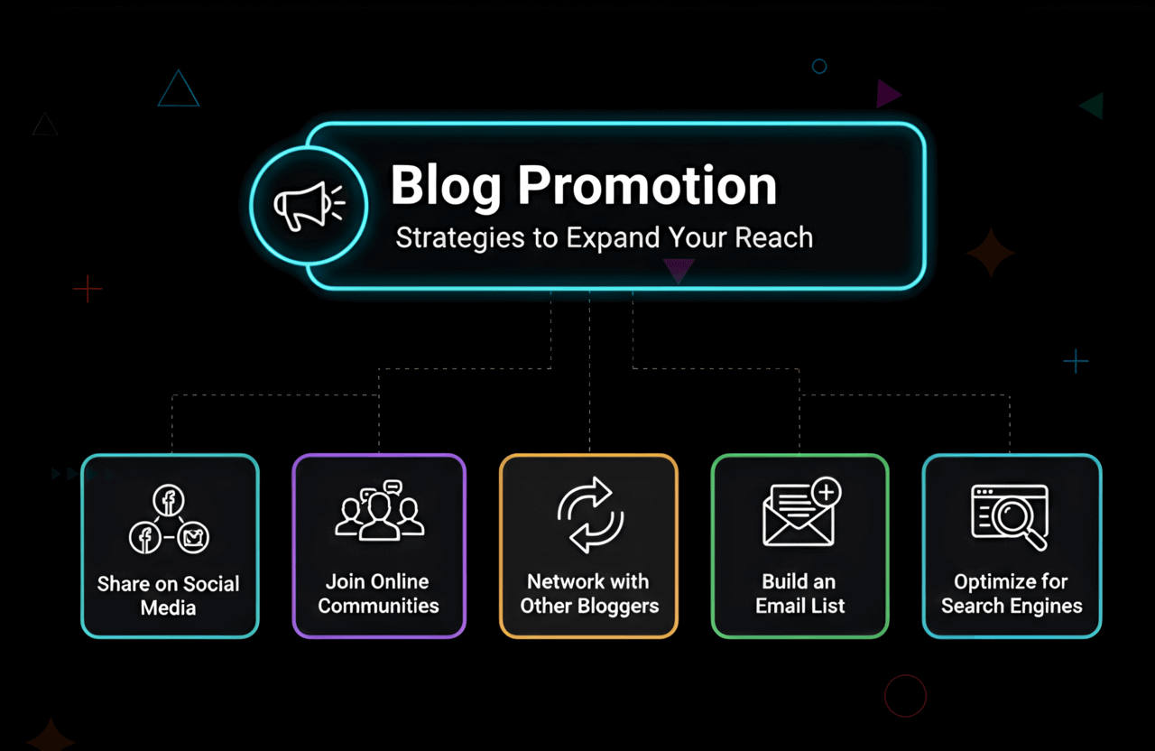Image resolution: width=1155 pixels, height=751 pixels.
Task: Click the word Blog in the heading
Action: pos(446,185)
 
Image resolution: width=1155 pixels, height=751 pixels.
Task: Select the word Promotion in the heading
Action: pos(647,185)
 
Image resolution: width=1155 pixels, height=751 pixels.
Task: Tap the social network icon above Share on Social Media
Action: pos(169,521)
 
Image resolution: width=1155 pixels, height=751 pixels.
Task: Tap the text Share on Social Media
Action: pos(169,596)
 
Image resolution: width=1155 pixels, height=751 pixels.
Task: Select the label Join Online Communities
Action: pos(379,594)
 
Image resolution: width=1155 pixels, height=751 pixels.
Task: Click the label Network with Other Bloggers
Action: pos(589,594)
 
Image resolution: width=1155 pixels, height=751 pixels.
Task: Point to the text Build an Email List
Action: pos(799,594)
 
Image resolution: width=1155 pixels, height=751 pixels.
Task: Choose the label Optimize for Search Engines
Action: pos(1012,594)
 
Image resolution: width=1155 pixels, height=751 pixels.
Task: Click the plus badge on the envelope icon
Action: pos(826,492)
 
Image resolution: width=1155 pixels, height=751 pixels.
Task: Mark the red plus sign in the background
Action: pos(88,289)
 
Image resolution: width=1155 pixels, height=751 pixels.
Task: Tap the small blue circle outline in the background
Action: pos(819,66)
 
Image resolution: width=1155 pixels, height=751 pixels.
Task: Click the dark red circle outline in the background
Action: pos(905,696)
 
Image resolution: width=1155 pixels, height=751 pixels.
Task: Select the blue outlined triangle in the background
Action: pos(178,90)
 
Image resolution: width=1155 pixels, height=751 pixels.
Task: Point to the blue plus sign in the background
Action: pos(1076,362)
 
